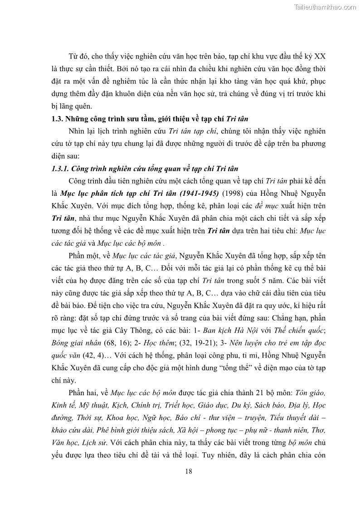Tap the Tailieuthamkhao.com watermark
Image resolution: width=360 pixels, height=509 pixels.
coord(325,7)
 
